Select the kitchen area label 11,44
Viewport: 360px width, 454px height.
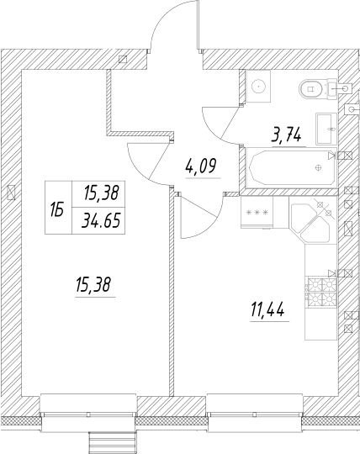pos(266,311)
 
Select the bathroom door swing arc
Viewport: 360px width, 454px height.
pos(220,126)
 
